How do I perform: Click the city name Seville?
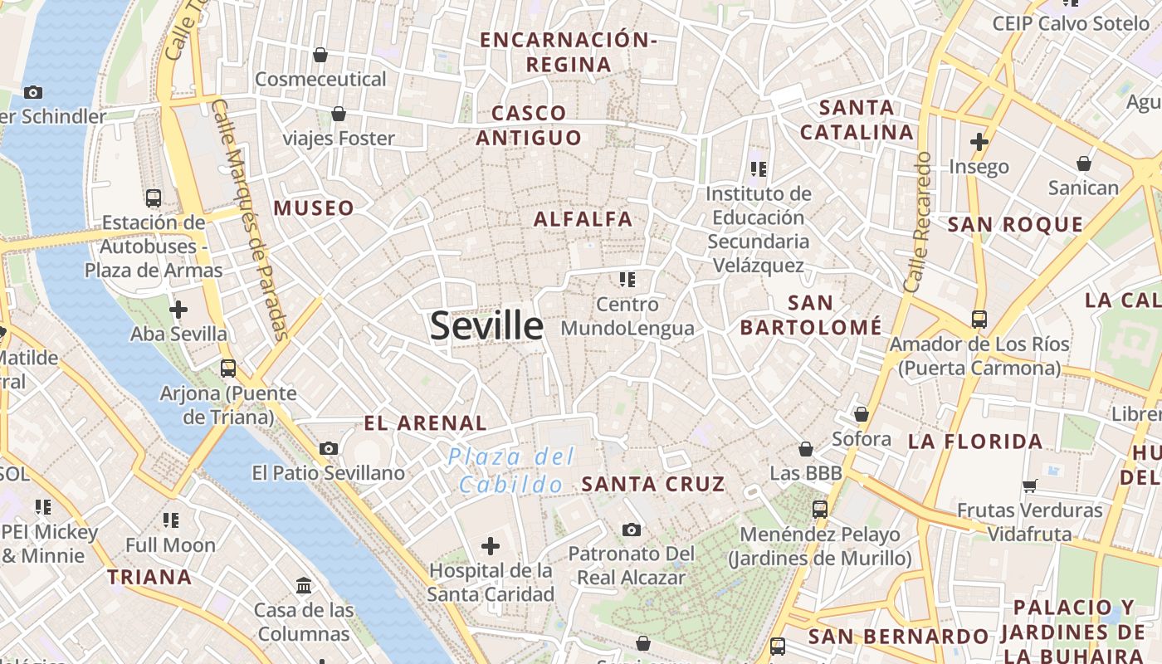tap(486, 325)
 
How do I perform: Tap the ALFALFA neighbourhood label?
tap(583, 219)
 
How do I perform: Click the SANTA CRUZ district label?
tap(653, 484)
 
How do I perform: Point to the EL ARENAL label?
tap(425, 422)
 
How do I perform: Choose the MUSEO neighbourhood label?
tap(314, 208)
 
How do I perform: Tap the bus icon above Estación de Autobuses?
tap(154, 198)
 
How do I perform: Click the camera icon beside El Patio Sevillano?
tap(329, 448)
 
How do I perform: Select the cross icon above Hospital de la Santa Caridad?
tap(491, 545)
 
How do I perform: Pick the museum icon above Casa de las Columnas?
tap(304, 586)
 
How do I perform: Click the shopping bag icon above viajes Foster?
tap(338, 113)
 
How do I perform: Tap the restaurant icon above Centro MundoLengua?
tap(627, 279)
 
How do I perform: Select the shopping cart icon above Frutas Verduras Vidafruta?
tap(1030, 486)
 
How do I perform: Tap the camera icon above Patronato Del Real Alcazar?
tap(631, 529)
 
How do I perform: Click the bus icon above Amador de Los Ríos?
tap(979, 319)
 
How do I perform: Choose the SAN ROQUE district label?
tap(1015, 224)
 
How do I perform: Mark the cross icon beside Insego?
tap(979, 142)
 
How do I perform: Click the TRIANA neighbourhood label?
tap(149, 576)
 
